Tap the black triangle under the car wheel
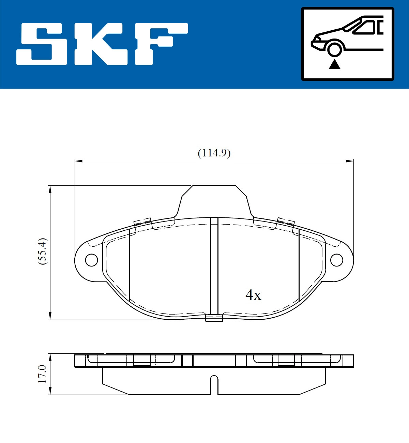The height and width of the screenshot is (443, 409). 334,64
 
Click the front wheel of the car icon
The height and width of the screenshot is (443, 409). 334,49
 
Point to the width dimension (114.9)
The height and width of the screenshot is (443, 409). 214,153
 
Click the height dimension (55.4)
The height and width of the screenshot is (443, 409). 43,252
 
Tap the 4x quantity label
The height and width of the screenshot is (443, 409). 253,295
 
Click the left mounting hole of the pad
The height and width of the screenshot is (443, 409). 91,260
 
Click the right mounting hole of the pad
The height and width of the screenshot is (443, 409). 337,260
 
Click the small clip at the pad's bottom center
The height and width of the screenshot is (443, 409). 214,318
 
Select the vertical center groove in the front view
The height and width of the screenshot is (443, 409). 214,266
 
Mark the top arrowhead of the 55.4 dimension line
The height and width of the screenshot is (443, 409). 50,189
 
